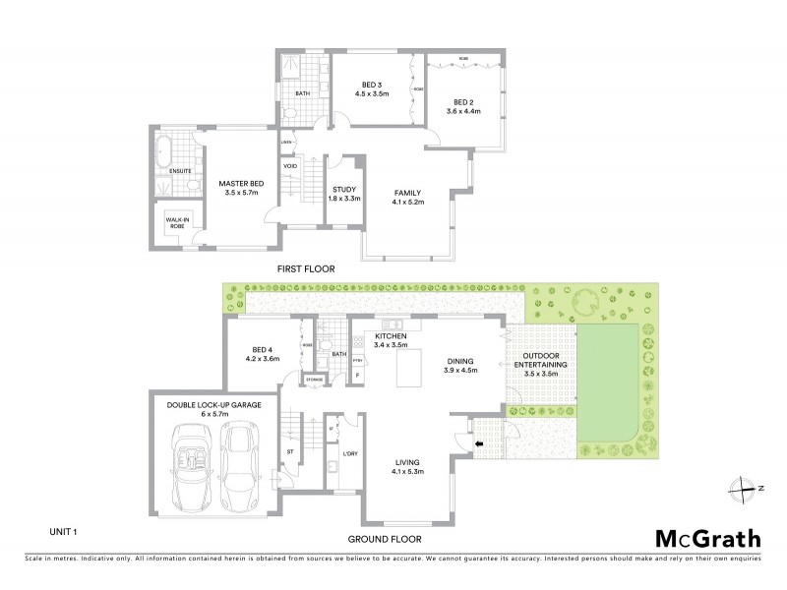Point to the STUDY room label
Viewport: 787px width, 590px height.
click(344, 193)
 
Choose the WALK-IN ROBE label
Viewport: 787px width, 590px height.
click(177, 222)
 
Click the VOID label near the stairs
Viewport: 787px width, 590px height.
click(290, 166)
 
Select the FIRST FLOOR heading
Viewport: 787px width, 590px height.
click(307, 268)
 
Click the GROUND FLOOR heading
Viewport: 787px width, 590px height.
click(385, 539)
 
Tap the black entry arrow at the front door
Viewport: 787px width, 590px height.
click(480, 444)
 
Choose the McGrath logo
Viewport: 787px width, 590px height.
click(706, 538)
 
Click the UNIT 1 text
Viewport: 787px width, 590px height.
click(63, 532)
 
